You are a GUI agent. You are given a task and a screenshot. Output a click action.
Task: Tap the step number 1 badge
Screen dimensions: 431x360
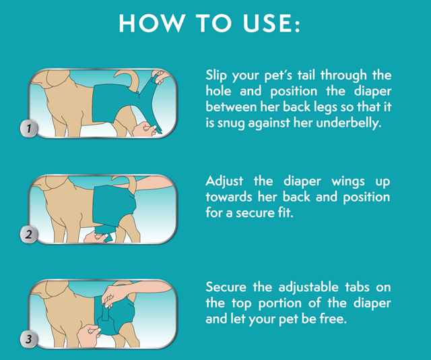[28, 128]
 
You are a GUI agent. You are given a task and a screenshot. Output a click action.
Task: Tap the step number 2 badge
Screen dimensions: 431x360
[28, 235]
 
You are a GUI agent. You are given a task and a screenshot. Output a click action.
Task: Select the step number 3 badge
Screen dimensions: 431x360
[28, 339]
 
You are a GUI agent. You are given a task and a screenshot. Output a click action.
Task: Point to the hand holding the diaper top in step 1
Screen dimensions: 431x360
[158, 77]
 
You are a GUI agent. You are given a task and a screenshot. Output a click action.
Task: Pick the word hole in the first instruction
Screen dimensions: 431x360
[218, 91]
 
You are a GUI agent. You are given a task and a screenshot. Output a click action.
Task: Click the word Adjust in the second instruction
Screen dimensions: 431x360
[224, 181]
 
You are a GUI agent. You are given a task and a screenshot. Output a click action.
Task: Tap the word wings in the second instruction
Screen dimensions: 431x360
[348, 182]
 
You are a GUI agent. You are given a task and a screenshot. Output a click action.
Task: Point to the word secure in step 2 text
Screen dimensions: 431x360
[255, 213]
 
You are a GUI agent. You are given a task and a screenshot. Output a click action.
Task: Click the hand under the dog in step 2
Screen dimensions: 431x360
[95, 237]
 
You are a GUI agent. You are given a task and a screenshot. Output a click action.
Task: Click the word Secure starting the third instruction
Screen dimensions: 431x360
[226, 287]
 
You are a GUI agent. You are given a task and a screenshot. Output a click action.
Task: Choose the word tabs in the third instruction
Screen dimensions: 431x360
[357, 287]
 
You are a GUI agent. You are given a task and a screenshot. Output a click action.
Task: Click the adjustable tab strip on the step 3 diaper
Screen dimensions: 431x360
[106, 313]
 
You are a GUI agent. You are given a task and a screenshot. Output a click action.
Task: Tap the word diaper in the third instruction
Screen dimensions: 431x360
[372, 303]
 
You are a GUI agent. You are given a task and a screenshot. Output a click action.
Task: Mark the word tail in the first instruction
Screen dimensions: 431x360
[306, 75]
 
